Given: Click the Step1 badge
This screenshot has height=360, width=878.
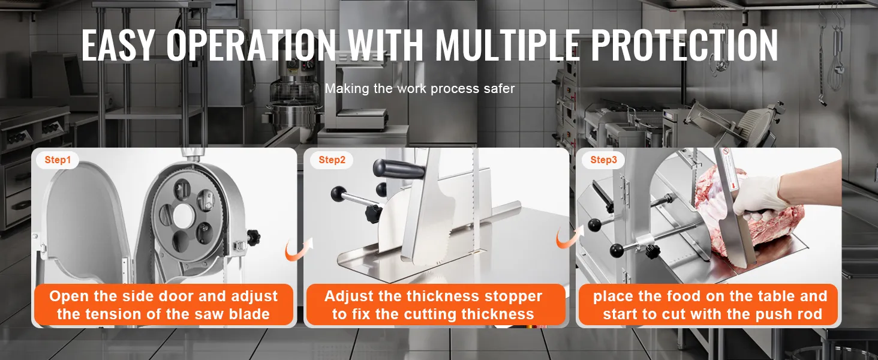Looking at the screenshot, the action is pos(57,160).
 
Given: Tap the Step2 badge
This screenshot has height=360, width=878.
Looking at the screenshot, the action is pos(332,160).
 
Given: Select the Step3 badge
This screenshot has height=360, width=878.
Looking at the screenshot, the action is pos(603,160).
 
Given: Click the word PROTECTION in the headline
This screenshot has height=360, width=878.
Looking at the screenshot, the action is pos(684,46).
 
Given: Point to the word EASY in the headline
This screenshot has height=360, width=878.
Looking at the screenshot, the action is pos(118,46).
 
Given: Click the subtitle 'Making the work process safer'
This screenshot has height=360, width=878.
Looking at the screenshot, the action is pos(419,89).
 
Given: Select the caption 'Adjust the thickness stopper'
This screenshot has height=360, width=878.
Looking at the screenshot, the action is pos(433,296).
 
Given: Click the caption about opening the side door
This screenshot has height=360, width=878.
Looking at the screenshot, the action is pos(164,305).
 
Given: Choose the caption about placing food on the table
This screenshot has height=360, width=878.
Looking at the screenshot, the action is pos(710,305).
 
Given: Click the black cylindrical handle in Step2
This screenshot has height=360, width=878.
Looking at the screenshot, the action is pos(399,169).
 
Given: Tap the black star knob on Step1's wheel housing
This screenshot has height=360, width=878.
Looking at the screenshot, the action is pos(253,236).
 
